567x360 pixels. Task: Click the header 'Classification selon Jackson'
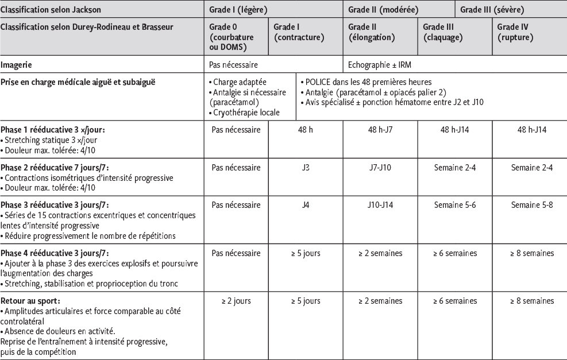(50, 10)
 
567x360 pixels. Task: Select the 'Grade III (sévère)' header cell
(492, 10)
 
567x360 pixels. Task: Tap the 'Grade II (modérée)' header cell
(383, 10)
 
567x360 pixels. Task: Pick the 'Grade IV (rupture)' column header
(515, 33)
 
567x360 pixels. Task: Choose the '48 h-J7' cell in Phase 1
(381, 130)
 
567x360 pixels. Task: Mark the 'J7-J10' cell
(381, 168)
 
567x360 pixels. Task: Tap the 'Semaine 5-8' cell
(531, 205)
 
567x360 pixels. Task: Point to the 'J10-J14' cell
(381, 205)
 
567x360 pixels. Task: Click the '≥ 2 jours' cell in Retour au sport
(236, 301)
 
